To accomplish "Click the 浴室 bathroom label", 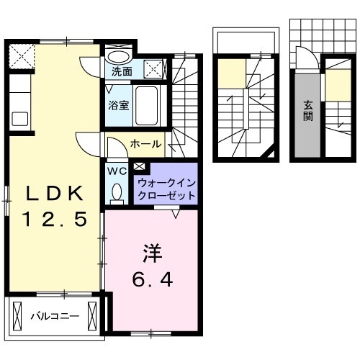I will click(x=119, y=104).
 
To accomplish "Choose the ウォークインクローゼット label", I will click(x=165, y=189).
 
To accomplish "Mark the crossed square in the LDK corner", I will click(x=20, y=55).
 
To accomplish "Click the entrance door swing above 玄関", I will click(x=303, y=58).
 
